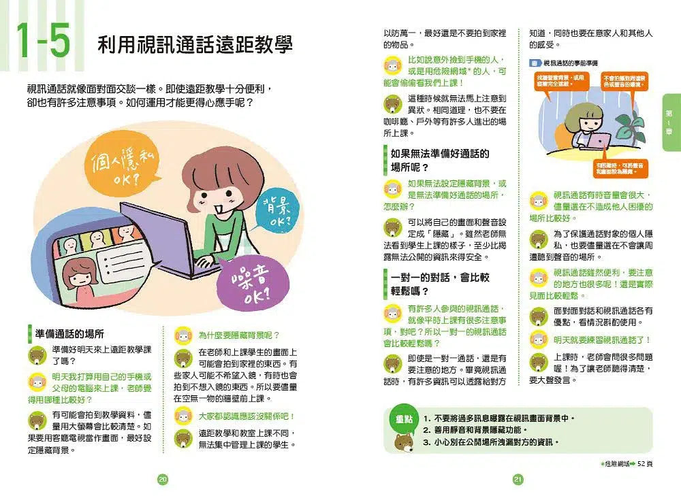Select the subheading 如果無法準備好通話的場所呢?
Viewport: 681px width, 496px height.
tap(440, 161)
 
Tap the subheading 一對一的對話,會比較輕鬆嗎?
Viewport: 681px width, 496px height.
tap(440, 284)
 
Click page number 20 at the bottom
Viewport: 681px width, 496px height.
tap(162, 480)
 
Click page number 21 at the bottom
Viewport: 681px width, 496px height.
tap(518, 480)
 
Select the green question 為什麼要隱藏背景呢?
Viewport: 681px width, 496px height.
tap(238, 335)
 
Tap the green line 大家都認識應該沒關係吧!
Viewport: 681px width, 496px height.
tap(246, 416)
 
